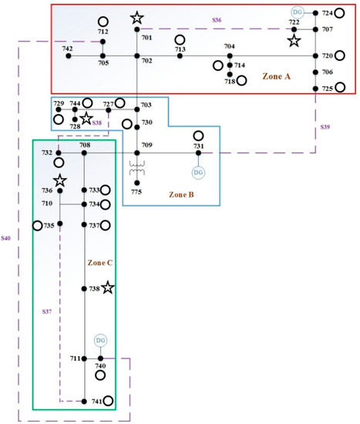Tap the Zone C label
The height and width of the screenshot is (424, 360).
pos(98,263)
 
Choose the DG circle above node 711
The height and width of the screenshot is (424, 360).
pos(100,341)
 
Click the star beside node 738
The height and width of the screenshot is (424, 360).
pos(108,288)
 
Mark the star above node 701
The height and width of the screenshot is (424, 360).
pos(136,18)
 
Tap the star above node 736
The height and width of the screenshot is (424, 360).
pos(59,180)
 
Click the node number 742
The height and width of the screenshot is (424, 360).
pos(68,48)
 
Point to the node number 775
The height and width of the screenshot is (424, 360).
pos(136,192)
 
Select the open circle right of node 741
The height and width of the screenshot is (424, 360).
pos(109,401)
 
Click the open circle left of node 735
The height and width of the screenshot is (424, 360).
pos(36,225)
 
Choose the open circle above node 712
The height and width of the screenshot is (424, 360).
pos(103,22)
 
